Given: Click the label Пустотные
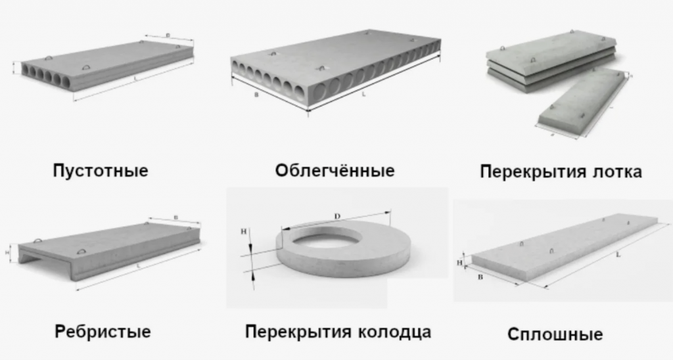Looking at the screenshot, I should pos(101,172).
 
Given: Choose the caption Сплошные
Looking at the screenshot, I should pos(555,334).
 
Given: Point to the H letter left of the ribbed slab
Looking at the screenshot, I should pos(7,250).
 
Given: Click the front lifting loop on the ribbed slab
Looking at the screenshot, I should pos(82,252).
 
